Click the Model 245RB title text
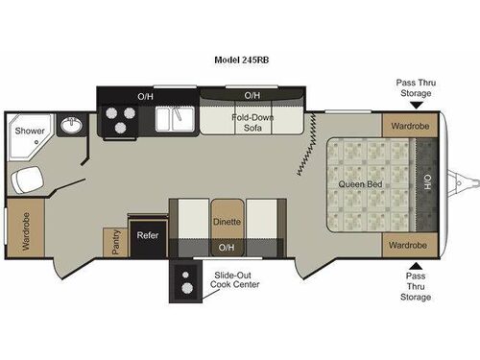(242, 60)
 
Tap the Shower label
(30, 131)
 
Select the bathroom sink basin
(72, 125)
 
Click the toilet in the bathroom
(27, 180)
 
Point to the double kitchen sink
(175, 119)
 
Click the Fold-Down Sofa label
(252, 122)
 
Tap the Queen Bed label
(360, 184)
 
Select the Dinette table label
(227, 222)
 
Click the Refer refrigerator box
(148, 237)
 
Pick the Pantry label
(115, 242)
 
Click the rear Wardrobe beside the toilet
(26, 228)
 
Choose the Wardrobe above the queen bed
(410, 126)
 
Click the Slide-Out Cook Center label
(235, 279)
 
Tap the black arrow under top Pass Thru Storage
(417, 106)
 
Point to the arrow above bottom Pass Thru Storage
(416, 266)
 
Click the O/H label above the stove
(145, 96)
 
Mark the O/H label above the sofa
(252, 95)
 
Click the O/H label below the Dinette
(227, 248)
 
